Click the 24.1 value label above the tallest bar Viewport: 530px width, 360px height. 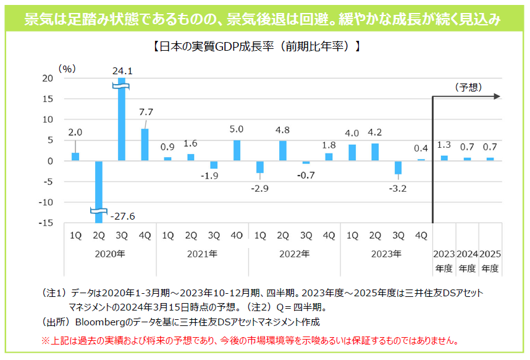click(122, 71)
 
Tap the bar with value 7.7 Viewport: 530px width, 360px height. click(145, 145)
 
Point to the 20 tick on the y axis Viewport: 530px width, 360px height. click(48, 78)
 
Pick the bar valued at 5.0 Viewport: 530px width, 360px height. click(237, 150)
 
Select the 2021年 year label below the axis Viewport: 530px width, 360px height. click(202, 254)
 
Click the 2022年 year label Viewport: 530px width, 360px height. click(294, 254)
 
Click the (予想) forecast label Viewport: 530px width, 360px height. click(468, 87)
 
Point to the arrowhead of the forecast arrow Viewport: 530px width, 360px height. click(497, 96)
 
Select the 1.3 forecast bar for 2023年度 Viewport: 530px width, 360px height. click(444, 158)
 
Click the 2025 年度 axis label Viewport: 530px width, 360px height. click(490, 260)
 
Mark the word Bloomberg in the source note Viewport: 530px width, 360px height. click(100, 322)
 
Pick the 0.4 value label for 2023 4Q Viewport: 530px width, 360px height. click(421, 148)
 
